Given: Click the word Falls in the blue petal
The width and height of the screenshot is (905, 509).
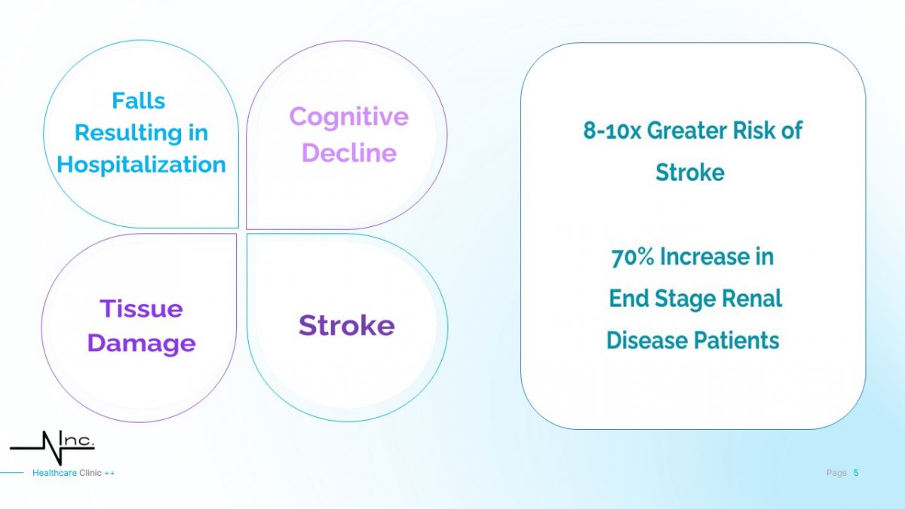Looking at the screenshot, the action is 139,100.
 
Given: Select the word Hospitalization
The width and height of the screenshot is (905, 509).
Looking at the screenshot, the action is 142,165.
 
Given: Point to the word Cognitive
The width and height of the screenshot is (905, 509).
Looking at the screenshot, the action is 349,118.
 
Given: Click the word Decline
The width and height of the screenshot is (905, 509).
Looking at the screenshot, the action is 349,153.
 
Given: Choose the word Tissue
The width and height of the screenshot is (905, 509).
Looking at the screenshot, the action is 142,309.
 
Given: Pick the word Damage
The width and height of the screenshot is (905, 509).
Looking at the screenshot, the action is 142,344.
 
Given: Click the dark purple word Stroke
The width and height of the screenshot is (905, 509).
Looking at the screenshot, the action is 347,325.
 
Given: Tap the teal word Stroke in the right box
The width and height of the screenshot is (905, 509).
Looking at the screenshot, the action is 690,173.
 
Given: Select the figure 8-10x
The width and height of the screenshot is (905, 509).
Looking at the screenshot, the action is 612,131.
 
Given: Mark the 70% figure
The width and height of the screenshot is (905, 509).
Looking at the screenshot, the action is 633,257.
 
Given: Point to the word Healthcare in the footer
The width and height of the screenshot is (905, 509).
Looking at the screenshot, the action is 54,473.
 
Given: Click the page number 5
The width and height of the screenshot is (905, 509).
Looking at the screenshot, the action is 856,473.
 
